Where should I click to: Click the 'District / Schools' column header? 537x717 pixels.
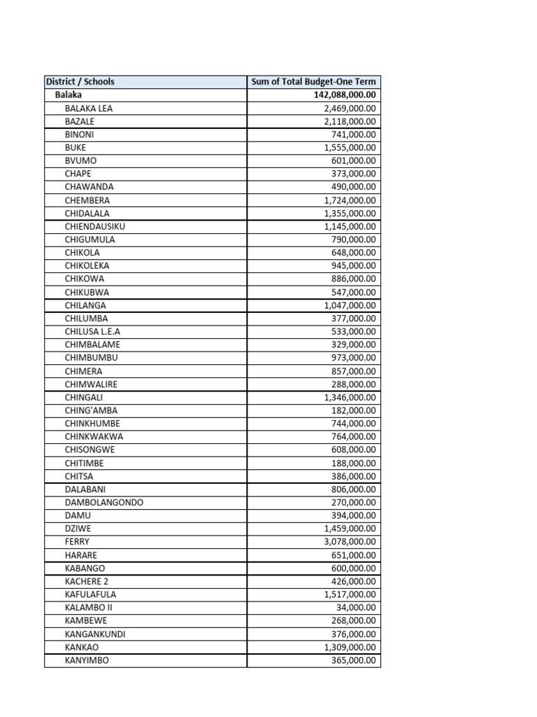click(x=80, y=82)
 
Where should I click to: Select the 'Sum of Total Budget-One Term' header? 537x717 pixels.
click(x=314, y=82)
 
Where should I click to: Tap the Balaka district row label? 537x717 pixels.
click(x=69, y=95)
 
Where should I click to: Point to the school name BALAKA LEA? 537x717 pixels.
click(x=88, y=109)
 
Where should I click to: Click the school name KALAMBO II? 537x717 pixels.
click(x=88, y=607)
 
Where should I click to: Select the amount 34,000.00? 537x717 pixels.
click(x=356, y=607)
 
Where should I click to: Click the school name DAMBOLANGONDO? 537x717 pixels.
click(x=103, y=502)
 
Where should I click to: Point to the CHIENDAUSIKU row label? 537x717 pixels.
click(x=95, y=226)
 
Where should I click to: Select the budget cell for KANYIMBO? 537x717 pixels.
click(x=354, y=660)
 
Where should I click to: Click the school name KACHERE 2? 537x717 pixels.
click(x=87, y=581)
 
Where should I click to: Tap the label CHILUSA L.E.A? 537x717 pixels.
click(x=92, y=331)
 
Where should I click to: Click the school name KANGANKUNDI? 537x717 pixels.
click(x=95, y=634)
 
